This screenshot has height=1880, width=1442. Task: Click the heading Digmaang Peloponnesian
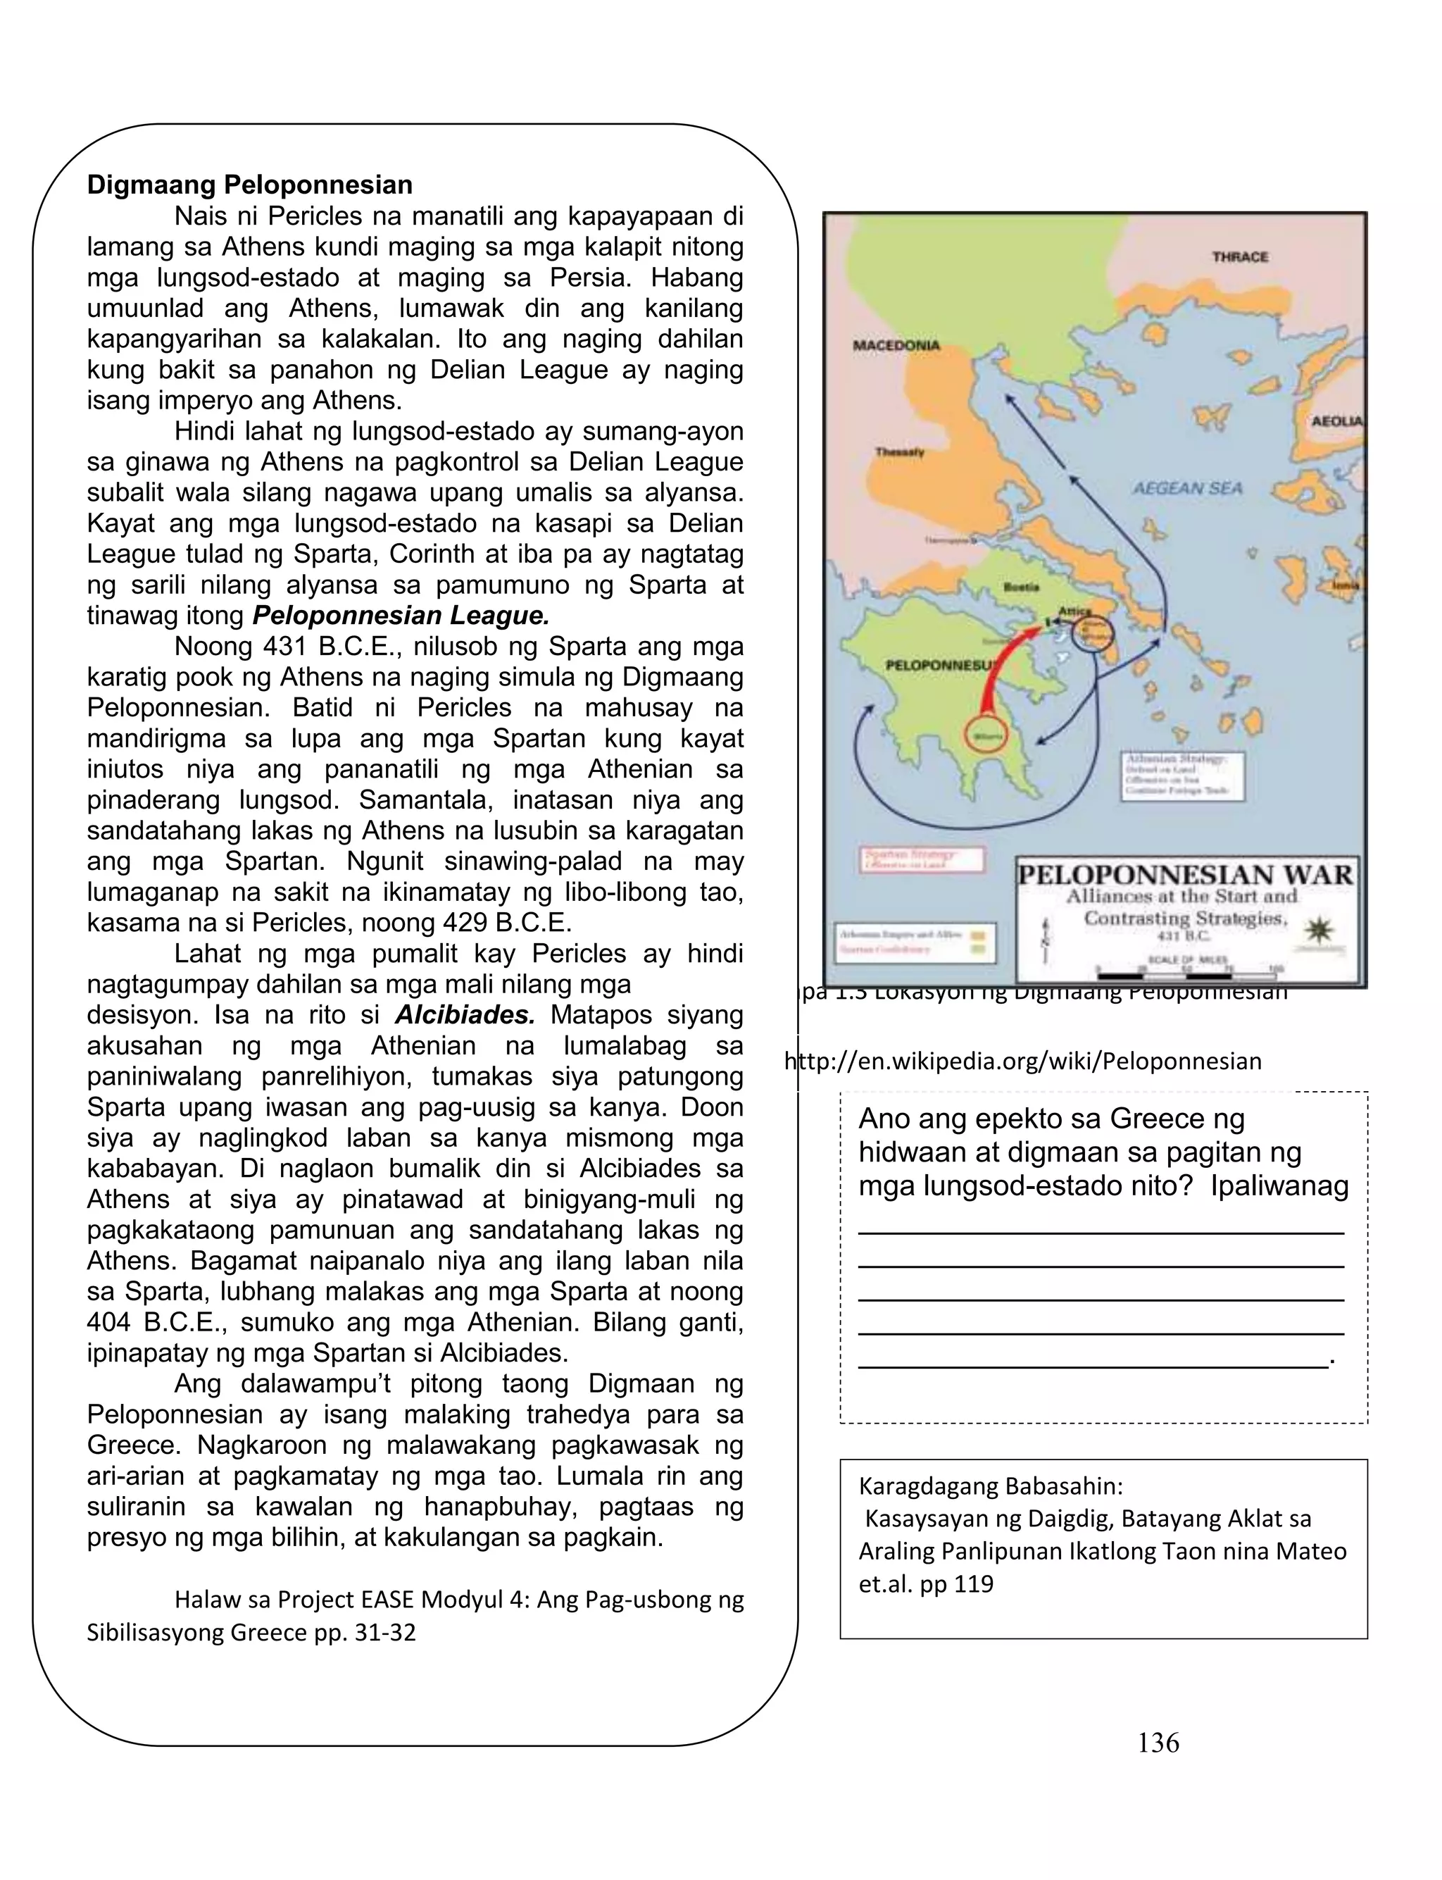click(249, 185)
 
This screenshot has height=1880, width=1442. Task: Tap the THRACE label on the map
click(1239, 256)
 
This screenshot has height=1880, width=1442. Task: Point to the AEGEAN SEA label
click(1186, 488)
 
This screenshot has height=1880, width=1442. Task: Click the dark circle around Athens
click(1093, 635)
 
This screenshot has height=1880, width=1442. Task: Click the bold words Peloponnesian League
click(400, 616)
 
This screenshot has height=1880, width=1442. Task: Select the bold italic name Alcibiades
click(465, 1015)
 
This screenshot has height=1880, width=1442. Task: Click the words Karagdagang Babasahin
click(991, 1486)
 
